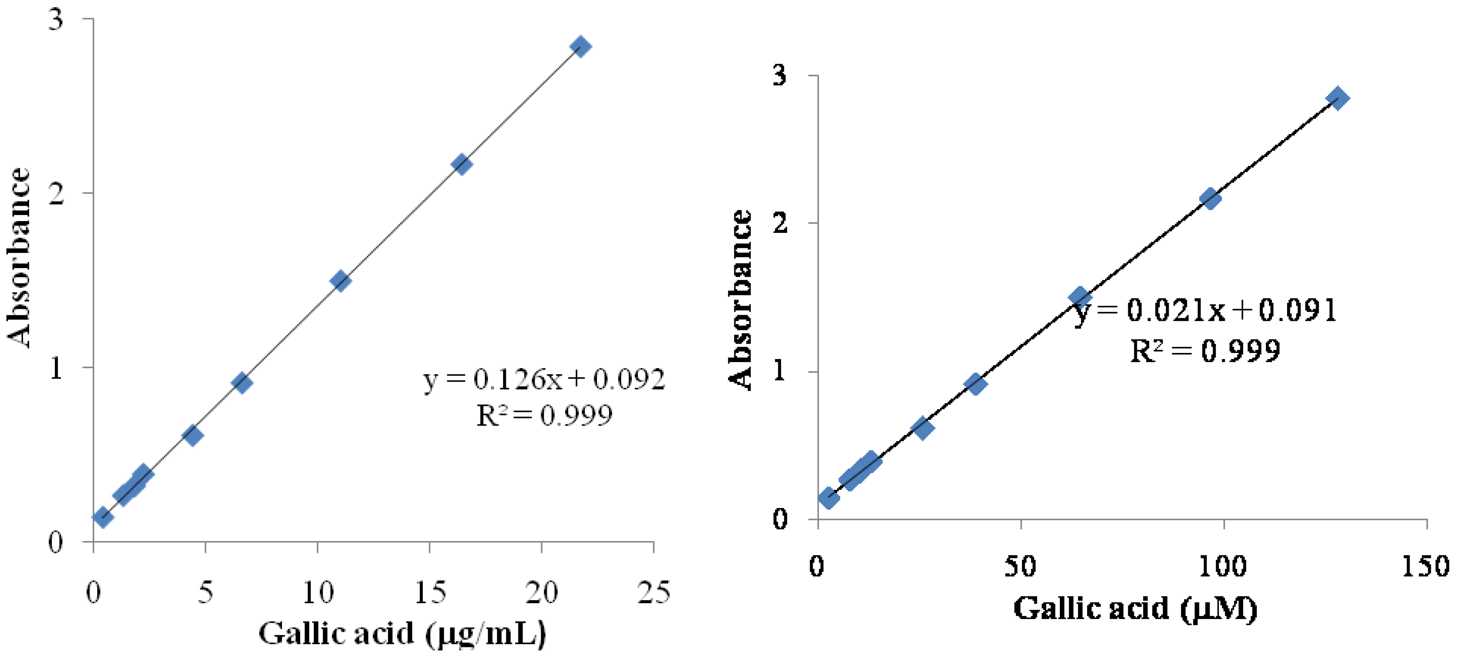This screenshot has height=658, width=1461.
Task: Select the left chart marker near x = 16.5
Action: click(461, 164)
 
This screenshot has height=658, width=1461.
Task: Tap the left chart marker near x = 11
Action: click(340, 280)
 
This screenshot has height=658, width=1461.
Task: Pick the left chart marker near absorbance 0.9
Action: click(242, 383)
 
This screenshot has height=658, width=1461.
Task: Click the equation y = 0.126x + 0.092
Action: click(543, 379)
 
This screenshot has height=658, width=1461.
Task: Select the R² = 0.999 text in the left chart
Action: click(543, 415)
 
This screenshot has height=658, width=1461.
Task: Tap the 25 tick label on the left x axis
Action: click(653, 593)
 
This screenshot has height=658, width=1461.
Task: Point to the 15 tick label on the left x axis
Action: click(430, 593)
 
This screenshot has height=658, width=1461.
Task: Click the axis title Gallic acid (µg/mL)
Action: click(402, 633)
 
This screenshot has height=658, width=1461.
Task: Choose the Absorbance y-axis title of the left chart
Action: click(19, 258)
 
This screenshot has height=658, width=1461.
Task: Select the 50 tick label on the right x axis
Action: click(1020, 566)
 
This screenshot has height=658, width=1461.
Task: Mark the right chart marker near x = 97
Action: click(1210, 199)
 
